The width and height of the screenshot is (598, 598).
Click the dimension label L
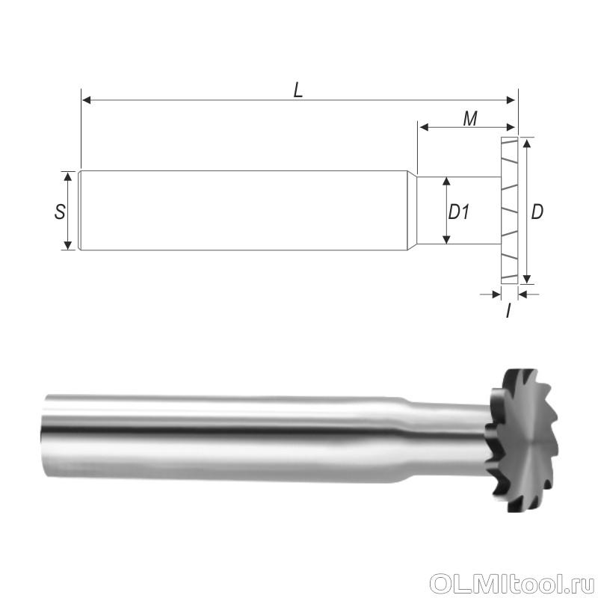pos(298,90)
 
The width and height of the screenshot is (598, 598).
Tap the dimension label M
pos(470,119)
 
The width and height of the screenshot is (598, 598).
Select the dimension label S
pos(60,212)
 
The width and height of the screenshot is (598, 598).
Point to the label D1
pos(458,212)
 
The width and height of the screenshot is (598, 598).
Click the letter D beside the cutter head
pos(537,212)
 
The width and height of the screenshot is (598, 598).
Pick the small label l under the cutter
pos(508,311)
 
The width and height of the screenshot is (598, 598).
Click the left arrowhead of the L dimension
pos(87,100)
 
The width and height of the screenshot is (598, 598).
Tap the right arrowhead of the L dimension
pos(511,100)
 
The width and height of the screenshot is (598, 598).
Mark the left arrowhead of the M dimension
pos(424,127)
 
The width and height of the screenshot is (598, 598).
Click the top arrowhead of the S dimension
pos(68,176)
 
